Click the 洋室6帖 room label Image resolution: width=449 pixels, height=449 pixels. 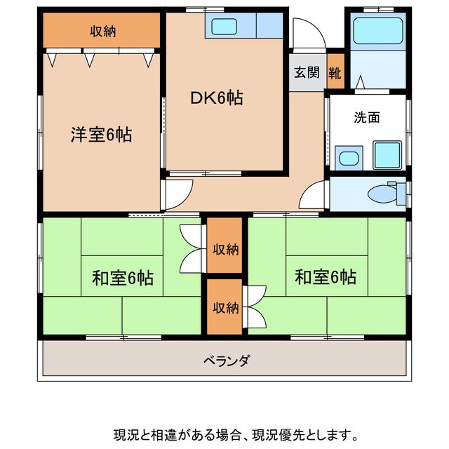100,134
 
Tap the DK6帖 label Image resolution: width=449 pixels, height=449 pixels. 217,99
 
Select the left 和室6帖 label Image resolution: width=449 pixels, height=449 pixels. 123,278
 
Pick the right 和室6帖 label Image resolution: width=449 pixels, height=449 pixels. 325,277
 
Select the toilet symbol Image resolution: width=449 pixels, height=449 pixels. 384,192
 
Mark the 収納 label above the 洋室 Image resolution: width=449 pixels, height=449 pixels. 102,31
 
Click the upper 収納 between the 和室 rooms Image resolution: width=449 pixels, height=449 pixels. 225,248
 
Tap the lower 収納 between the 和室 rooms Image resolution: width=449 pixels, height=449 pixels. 225,307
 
